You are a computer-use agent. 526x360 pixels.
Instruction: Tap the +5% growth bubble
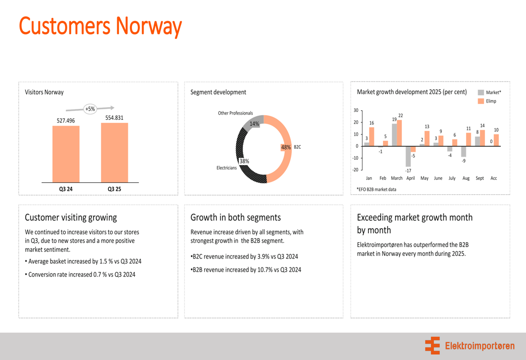tap(90, 109)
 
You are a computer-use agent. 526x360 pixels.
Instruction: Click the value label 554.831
tap(114, 118)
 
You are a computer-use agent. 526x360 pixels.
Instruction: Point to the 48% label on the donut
tap(286, 147)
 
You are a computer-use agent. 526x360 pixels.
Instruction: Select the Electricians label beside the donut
tap(227, 168)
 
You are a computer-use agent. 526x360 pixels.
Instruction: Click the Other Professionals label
tap(235, 113)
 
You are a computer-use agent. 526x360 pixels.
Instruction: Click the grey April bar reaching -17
tap(408, 156)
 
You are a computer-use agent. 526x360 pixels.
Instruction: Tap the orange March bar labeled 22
tap(399, 133)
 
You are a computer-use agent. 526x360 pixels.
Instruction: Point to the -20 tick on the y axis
tap(355, 170)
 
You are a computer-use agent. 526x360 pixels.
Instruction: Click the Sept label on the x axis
tap(480, 178)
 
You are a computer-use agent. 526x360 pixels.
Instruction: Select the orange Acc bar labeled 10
tap(496, 140)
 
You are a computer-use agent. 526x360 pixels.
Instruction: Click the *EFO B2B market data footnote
tap(377, 189)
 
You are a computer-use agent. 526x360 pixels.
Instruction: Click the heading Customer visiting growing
tap(71, 217)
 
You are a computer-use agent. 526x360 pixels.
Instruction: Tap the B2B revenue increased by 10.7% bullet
tap(246, 270)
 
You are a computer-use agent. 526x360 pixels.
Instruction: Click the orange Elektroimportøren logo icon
tap(432, 346)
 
